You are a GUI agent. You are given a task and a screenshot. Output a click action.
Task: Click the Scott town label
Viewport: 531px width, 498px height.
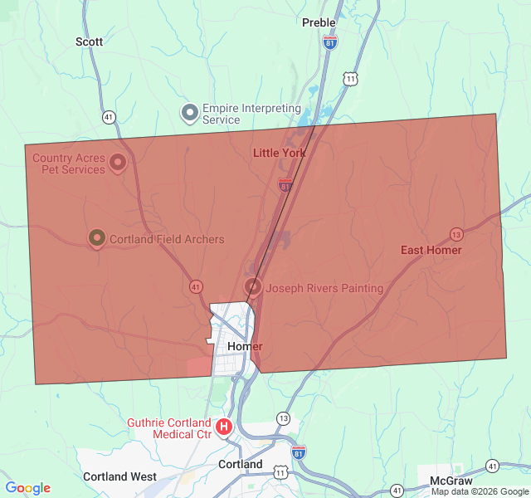pos(89,41)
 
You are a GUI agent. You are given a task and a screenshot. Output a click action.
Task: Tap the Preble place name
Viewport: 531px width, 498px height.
pos(319,22)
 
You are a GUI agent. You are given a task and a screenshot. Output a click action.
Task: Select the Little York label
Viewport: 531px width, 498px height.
pos(279,153)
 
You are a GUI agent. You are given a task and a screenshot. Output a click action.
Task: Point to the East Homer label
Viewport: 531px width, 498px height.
pos(431,250)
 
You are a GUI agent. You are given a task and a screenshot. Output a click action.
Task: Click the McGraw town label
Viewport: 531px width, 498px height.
pos(451,481)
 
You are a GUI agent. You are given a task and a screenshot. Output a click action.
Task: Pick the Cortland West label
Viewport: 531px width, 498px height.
pos(119,476)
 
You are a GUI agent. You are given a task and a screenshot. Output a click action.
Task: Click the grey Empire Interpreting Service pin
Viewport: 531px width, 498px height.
pos(190,111)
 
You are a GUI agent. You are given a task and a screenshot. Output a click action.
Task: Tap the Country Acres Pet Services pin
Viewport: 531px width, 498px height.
pos(118,162)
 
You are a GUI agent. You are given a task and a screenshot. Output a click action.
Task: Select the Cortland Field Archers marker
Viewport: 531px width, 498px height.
pos(96,239)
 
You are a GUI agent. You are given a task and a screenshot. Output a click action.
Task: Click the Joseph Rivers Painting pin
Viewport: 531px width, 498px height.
pos(253,287)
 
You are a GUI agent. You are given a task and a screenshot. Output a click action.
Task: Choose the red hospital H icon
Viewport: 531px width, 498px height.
pos(223,427)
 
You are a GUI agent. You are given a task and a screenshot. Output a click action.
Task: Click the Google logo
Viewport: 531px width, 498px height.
pos(27,488)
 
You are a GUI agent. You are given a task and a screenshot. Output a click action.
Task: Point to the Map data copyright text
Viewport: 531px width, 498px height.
pos(480,491)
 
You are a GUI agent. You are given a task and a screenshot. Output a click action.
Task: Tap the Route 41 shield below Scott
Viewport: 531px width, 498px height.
pos(109,117)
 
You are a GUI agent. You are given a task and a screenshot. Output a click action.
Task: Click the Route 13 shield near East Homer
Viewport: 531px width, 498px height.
pos(455,233)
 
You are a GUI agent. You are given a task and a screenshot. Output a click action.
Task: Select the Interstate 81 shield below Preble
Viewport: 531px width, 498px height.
pos(330,41)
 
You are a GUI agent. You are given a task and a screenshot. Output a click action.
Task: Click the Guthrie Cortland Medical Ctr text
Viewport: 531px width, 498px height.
pos(169,428)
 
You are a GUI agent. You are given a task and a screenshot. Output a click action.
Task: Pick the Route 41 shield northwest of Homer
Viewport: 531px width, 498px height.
pos(196,286)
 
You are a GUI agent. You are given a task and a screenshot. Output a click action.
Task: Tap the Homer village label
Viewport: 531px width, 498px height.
pos(245,346)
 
